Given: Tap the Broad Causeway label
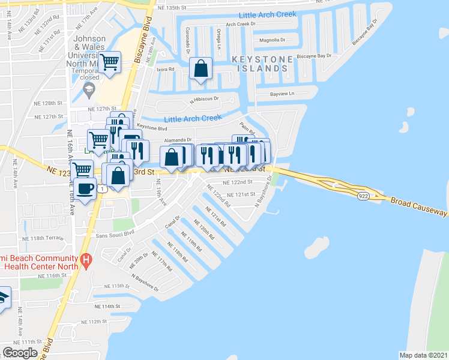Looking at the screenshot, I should point(418,206).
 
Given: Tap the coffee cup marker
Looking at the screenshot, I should point(85,188).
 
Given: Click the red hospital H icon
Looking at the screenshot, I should point(87,261).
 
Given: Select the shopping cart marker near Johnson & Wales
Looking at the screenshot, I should point(110,62).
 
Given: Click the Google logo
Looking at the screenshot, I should point(20,352).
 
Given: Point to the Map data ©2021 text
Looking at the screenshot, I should point(423,355).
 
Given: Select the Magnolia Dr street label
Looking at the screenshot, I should point(273,40).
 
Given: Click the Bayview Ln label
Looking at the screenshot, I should point(283,94).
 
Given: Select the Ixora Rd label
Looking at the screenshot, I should point(165,70).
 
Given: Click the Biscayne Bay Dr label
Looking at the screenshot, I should point(314,56).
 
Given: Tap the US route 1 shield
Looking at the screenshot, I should point(103,189).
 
